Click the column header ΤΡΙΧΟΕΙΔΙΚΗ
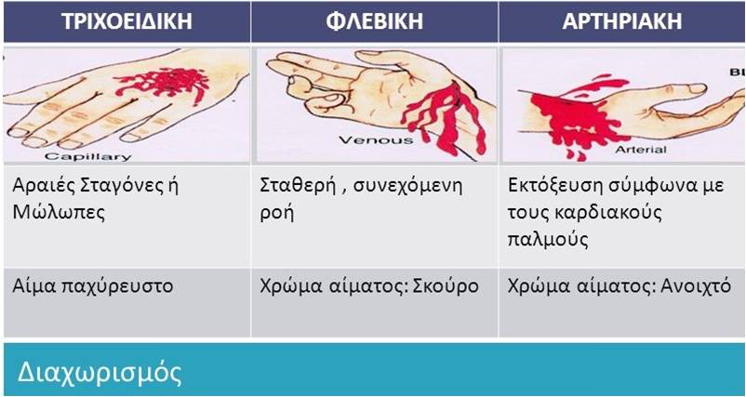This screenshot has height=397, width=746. (x=127, y=21)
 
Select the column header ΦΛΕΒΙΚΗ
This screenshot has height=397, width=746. (x=375, y=21)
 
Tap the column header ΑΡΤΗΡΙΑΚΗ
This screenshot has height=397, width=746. (x=622, y=21)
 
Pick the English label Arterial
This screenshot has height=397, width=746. (x=641, y=150)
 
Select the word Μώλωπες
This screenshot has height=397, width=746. (x=59, y=213)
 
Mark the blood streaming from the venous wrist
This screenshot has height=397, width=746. (x=444, y=119)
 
